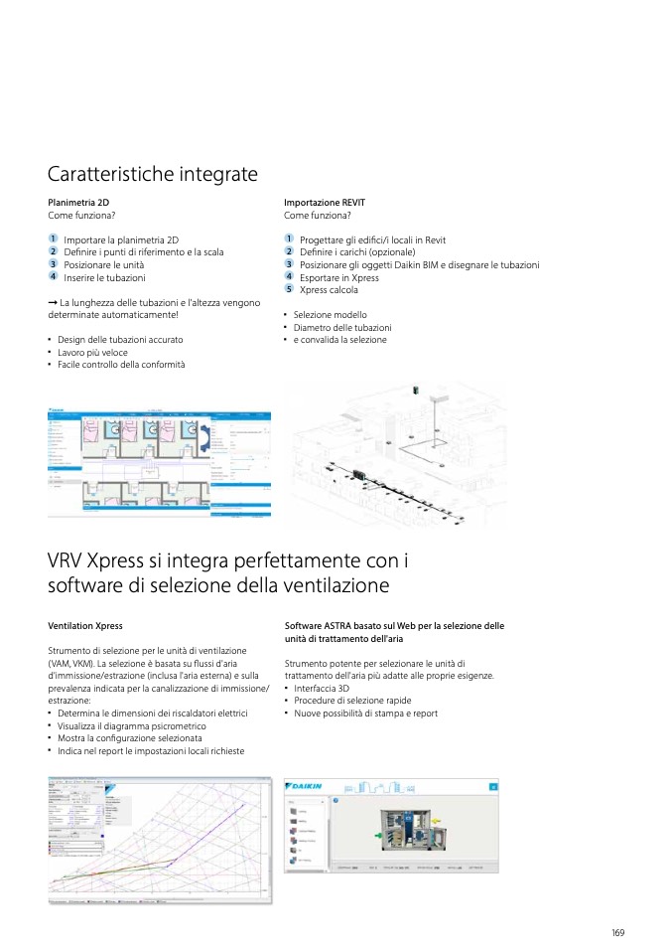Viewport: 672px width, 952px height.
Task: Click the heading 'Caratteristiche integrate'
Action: click(x=153, y=175)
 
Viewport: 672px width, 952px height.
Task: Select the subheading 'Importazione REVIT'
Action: click(x=325, y=202)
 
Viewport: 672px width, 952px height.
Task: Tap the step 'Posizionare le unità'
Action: click(x=103, y=265)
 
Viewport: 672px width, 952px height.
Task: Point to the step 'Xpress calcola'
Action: click(x=329, y=290)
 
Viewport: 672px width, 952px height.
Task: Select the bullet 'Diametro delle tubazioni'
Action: click(x=341, y=327)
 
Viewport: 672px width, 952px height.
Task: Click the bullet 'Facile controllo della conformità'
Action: click(x=120, y=365)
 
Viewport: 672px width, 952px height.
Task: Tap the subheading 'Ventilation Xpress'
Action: click(x=85, y=626)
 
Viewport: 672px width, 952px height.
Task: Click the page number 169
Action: click(x=617, y=932)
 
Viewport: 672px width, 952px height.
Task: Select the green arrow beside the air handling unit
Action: click(x=377, y=837)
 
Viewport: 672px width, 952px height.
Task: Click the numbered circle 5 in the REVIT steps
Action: click(x=289, y=289)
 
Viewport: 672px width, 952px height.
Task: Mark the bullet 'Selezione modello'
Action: click(x=330, y=315)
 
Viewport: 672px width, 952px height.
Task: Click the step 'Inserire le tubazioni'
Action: click(x=104, y=278)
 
